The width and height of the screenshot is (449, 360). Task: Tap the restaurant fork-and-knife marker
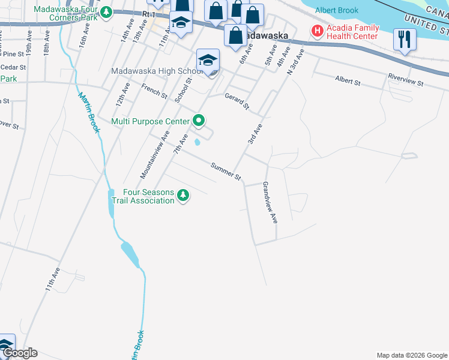[x=404, y=40]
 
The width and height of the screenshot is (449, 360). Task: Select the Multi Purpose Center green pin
[x=199, y=121]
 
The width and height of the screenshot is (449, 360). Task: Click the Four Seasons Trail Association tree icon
[x=184, y=195]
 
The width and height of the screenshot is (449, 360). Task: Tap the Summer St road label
[x=226, y=171]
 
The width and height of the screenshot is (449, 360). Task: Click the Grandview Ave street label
[x=270, y=203]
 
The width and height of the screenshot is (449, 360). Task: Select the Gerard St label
[x=237, y=101]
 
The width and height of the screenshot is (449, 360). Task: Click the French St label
[x=154, y=91]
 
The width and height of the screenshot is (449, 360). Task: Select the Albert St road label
[x=348, y=80]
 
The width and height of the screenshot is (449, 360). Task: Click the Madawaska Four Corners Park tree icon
[x=106, y=11]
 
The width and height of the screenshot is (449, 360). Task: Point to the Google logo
[x=20, y=353]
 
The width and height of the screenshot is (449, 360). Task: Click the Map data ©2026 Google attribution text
[x=411, y=355]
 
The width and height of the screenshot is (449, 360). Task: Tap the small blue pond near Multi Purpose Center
[x=197, y=143]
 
